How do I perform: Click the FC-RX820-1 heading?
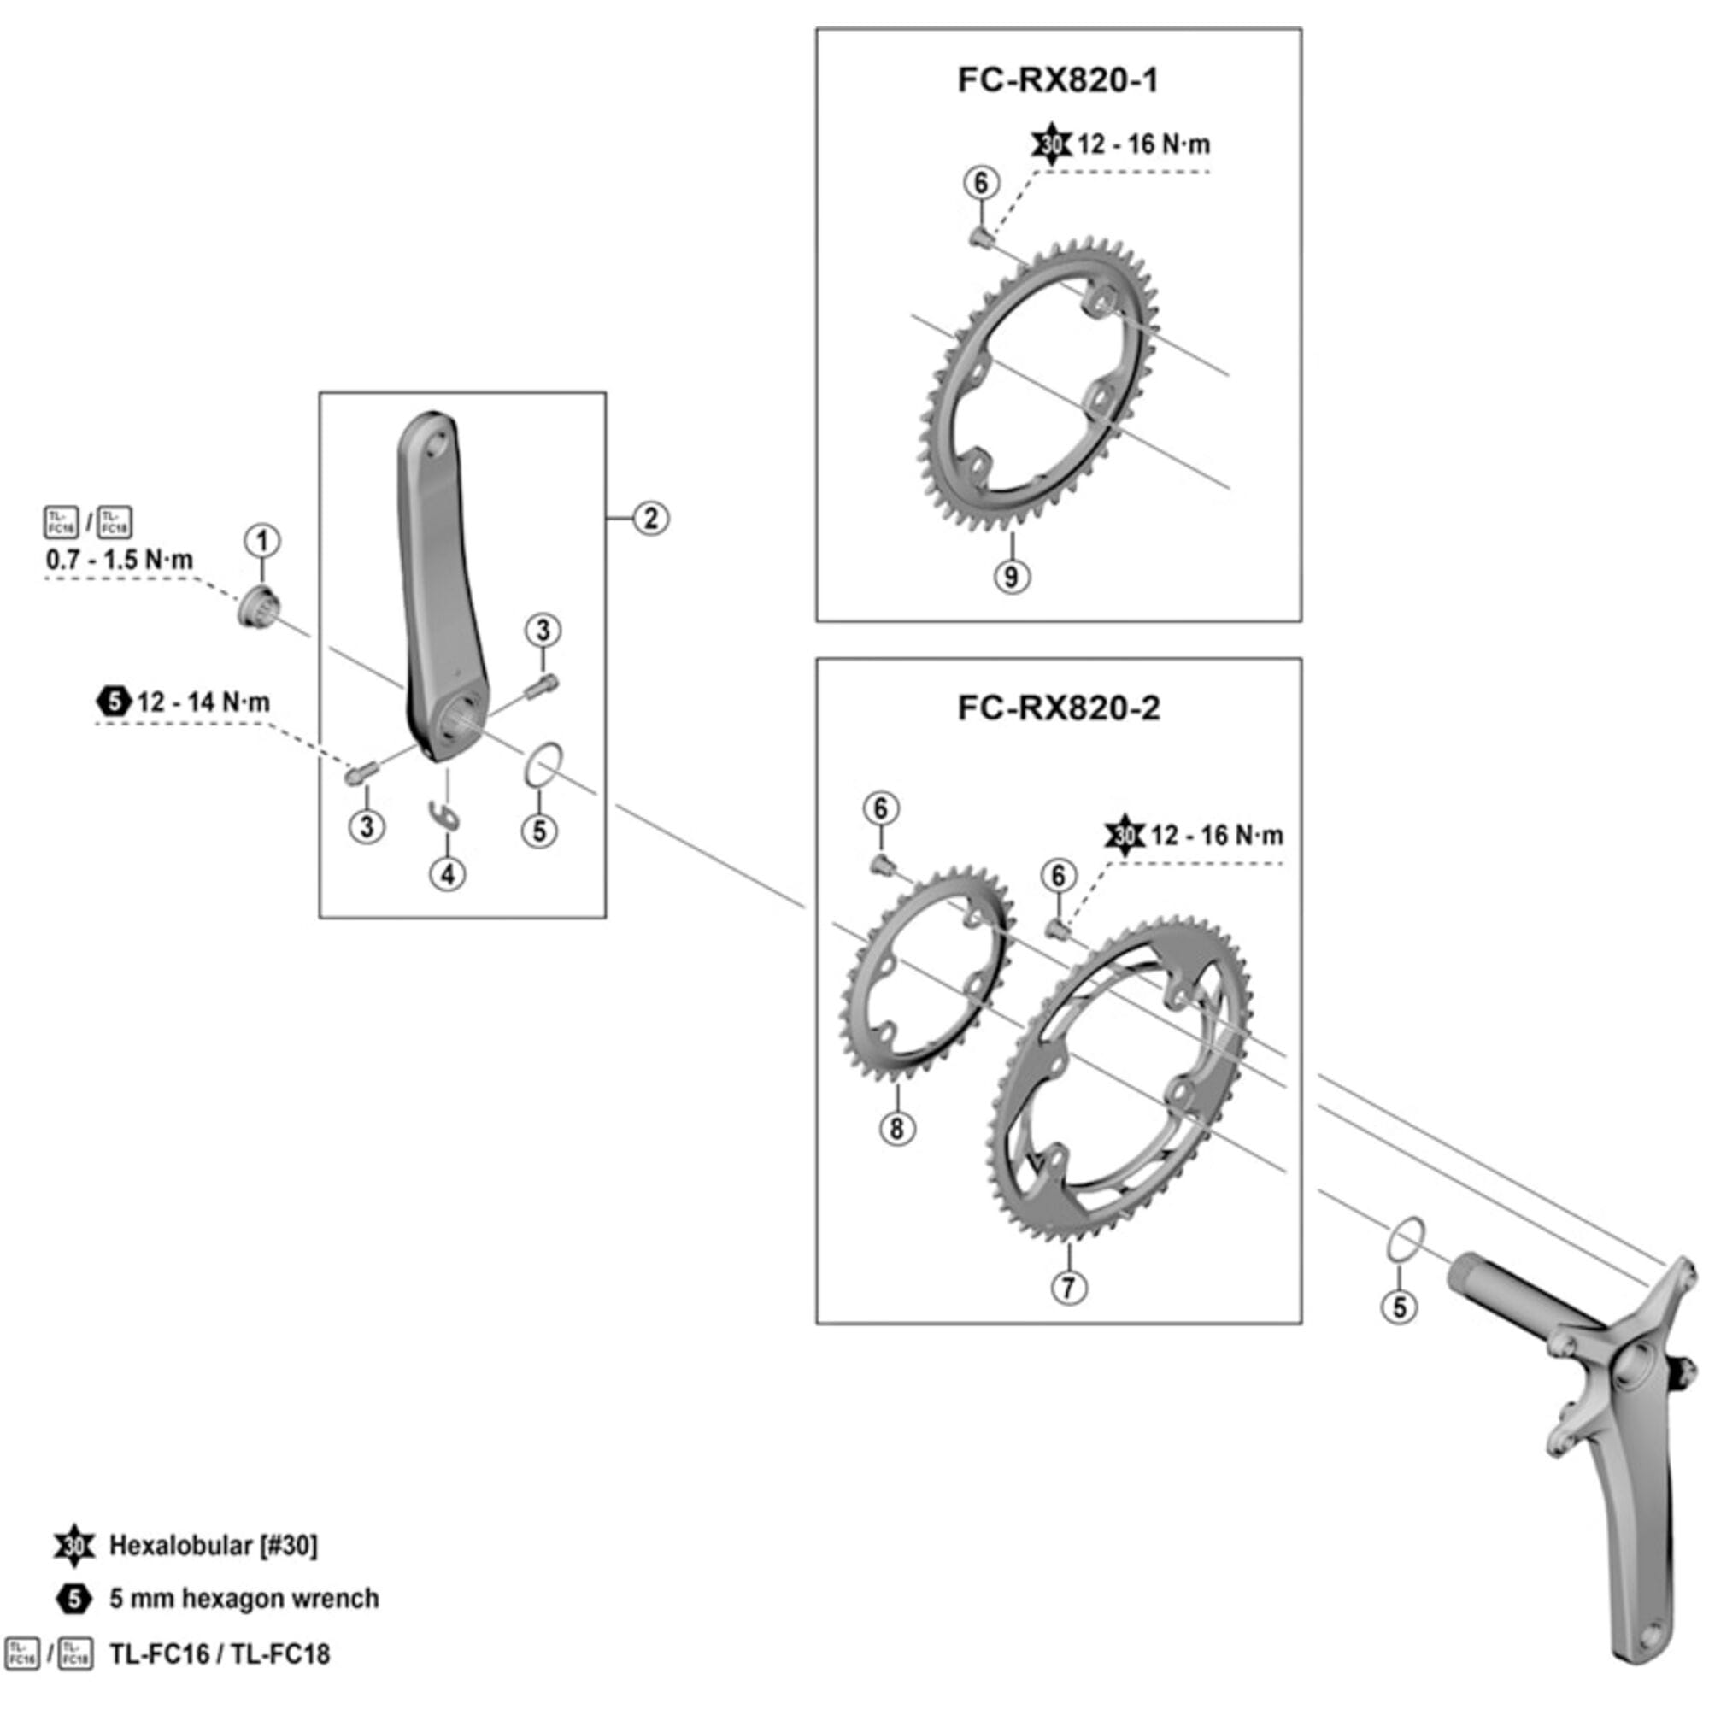1057,80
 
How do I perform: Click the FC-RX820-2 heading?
1058,708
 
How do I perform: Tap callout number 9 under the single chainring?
1011,577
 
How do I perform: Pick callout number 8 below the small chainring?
897,1128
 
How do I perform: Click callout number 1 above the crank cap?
261,542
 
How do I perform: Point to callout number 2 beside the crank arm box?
650,519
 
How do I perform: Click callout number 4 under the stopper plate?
448,874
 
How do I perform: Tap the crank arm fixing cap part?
258,608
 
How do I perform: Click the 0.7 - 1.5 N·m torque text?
120,560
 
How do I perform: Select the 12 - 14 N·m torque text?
203,702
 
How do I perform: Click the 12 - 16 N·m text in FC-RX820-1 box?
1142,144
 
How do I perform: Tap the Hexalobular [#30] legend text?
212,1545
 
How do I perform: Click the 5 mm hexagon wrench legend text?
244,1599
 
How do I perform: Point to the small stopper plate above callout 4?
443,814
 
